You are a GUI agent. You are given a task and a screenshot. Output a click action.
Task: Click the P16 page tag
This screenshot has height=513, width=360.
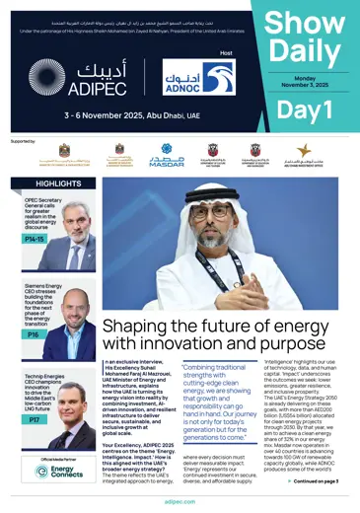(x=34, y=334)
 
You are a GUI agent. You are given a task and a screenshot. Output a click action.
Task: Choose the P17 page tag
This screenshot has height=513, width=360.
(x=34, y=420)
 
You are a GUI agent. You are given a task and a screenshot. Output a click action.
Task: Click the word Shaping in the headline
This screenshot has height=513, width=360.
(x=146, y=326)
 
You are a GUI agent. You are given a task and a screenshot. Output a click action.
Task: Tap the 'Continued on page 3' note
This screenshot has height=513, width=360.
(x=315, y=480)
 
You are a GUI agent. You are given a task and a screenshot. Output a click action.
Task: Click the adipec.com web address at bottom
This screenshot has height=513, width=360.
(x=180, y=502)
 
